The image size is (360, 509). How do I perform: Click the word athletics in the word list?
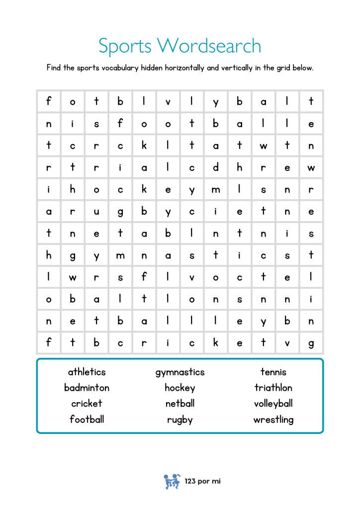point(87,372)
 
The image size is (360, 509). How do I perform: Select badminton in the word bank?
point(87,388)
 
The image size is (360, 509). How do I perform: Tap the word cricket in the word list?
point(87,404)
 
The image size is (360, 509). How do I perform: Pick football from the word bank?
point(87,420)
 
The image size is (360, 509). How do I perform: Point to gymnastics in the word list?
point(180,372)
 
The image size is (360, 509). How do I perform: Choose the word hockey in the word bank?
point(180,388)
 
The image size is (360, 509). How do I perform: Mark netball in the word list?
point(180,404)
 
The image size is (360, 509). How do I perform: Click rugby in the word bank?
point(180,420)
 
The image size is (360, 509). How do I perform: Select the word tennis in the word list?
point(273,372)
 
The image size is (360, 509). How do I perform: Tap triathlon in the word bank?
point(273,388)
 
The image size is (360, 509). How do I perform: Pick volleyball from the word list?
point(273,404)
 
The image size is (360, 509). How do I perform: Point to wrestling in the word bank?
point(273,420)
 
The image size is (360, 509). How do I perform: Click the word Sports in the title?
point(125,46)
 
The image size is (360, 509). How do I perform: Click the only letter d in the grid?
point(216,168)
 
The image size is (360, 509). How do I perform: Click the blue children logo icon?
point(172,481)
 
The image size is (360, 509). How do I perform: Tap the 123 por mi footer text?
point(202,481)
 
